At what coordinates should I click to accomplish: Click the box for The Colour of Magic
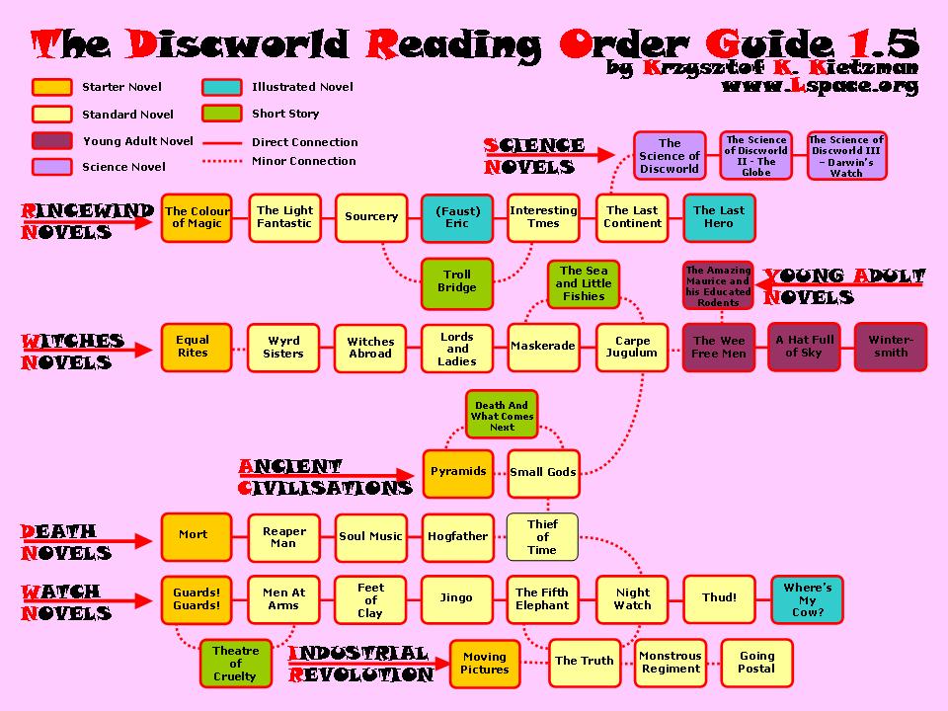(x=197, y=217)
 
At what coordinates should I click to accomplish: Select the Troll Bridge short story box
(x=456, y=281)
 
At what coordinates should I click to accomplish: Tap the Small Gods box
(x=542, y=472)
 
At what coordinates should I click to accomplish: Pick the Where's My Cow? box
(x=807, y=599)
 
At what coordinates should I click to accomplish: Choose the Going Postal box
(x=756, y=662)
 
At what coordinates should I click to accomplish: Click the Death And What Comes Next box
(x=502, y=416)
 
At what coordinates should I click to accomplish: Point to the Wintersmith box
(x=890, y=347)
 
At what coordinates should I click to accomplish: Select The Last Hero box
(x=719, y=217)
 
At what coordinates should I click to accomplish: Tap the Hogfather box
(x=457, y=536)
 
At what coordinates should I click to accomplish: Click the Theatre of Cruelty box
(x=234, y=664)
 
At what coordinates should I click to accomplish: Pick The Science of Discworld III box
(x=845, y=156)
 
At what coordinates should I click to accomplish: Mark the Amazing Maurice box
(x=718, y=286)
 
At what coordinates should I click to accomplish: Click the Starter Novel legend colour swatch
(x=51, y=87)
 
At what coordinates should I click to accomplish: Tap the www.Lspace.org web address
(x=820, y=86)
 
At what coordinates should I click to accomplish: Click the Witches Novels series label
(x=67, y=353)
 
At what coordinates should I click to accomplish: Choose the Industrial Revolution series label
(x=360, y=665)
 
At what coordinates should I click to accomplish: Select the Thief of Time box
(x=542, y=536)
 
